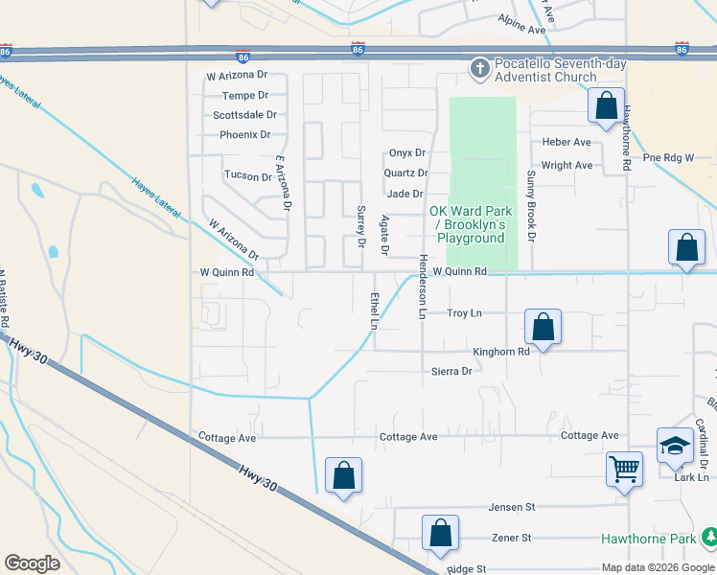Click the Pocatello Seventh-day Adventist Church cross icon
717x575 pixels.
(479, 68)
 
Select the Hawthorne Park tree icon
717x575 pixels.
(708, 538)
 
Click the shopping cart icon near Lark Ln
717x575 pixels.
(624, 470)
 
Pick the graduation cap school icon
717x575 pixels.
(675, 445)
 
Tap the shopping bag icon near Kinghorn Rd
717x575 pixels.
(543, 327)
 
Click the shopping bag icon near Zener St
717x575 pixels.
(440, 533)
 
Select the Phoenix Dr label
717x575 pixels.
(245, 135)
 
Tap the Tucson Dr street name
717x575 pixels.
(247, 176)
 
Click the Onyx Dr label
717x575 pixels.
(406, 153)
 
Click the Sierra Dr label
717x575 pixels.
(451, 371)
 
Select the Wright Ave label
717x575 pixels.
(567, 165)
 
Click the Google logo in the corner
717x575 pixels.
(32, 563)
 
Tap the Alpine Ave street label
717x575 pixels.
(521, 31)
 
